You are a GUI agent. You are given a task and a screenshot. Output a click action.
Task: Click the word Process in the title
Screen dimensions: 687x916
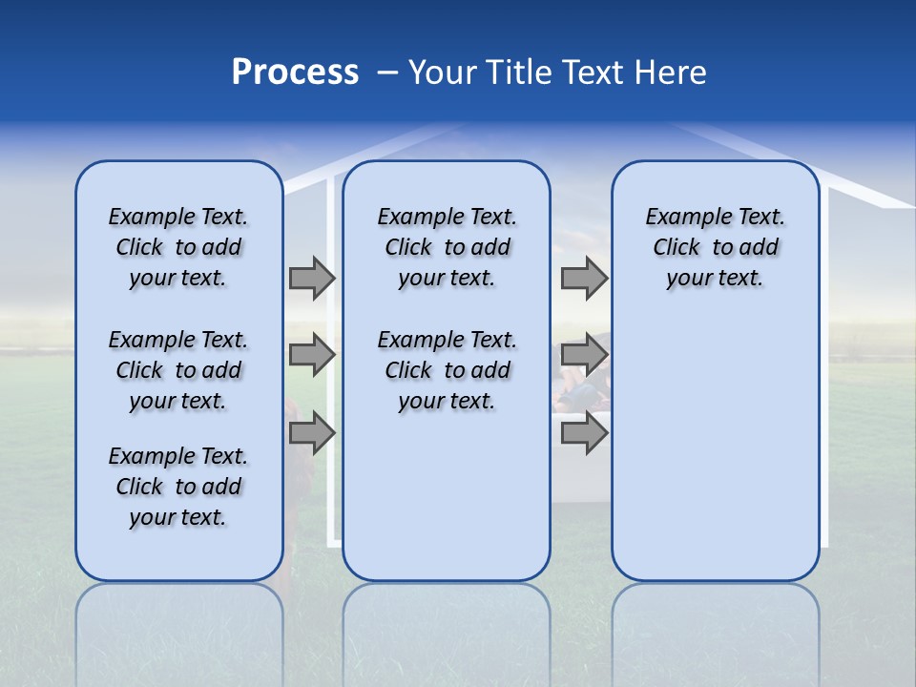tap(295, 73)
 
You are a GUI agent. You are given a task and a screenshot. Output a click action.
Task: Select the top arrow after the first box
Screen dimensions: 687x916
tap(311, 278)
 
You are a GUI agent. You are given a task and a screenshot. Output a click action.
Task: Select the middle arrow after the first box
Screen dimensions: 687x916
tap(311, 355)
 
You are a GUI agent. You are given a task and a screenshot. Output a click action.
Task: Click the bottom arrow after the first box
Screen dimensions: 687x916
tap(311, 433)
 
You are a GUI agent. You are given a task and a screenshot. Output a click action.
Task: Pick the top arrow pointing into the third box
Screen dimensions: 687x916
tap(583, 278)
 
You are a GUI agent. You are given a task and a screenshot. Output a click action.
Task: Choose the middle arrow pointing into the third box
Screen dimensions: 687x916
tap(583, 355)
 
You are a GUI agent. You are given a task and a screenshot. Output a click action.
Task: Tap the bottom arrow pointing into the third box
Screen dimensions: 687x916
tap(583, 433)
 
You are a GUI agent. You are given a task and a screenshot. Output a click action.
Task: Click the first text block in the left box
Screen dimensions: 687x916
tap(178, 247)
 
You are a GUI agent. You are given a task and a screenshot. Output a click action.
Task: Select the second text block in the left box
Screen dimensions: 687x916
tap(178, 370)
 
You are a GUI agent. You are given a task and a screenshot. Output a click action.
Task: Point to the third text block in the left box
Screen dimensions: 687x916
tap(178, 487)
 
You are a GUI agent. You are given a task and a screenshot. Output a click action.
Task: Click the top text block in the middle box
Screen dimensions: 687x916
tap(447, 247)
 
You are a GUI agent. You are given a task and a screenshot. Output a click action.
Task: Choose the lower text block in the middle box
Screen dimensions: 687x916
tap(447, 370)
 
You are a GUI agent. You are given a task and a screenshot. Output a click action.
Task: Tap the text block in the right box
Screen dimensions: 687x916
tap(715, 247)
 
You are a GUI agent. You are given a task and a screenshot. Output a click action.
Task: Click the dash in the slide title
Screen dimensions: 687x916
tap(387, 73)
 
